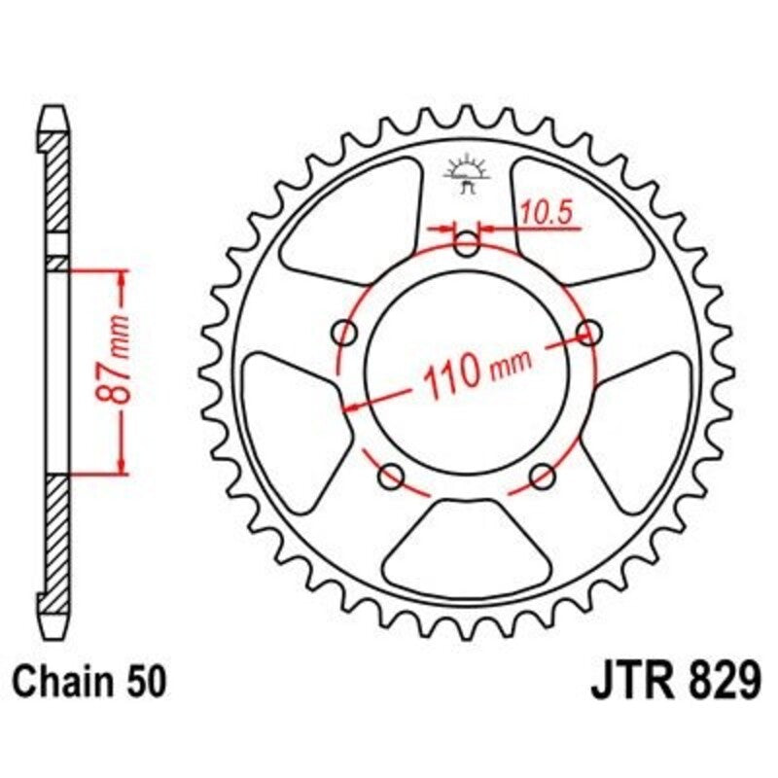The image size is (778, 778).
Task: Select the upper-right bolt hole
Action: [588, 334]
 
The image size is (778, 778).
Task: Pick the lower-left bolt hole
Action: [392, 477]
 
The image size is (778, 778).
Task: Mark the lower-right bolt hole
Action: [542, 477]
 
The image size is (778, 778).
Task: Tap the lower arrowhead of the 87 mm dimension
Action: [123, 465]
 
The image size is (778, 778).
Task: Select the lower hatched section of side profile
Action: [59, 535]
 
